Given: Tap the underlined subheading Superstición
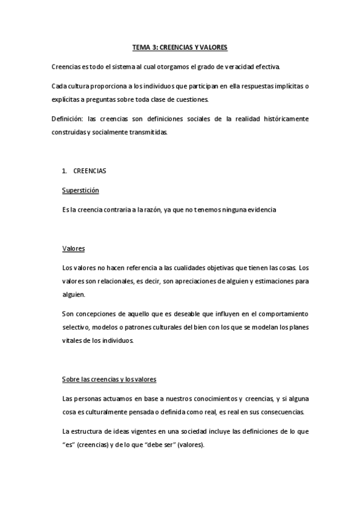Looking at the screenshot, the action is point(80,190).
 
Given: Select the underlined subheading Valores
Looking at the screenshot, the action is point(73,248).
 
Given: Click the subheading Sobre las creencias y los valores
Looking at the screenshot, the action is point(109,379).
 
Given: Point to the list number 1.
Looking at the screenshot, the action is point(64,171).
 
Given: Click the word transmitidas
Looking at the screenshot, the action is point(150,132).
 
